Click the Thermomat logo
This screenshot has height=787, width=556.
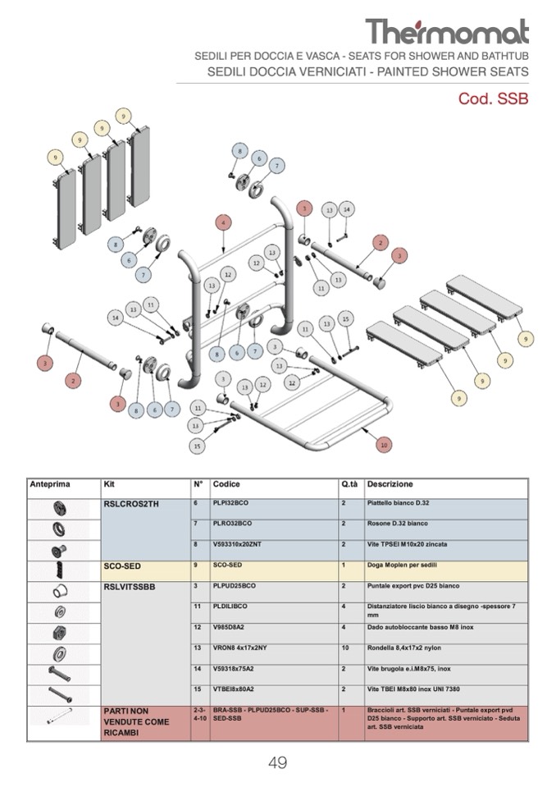click(x=447, y=31)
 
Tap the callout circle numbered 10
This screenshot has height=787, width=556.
click(x=383, y=444)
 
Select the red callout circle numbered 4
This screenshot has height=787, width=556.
click(x=222, y=222)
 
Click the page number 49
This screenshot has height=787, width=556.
click(x=277, y=762)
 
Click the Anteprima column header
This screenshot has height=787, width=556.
click(x=50, y=484)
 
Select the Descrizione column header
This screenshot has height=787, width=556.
click(x=390, y=484)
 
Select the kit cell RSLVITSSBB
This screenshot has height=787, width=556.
click(x=130, y=587)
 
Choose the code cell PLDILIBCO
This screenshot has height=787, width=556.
click(x=230, y=606)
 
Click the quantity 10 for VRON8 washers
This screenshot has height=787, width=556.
click(x=345, y=648)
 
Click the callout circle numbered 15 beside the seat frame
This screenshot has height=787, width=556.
click(x=197, y=446)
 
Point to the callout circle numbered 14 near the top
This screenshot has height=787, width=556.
click(x=347, y=210)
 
